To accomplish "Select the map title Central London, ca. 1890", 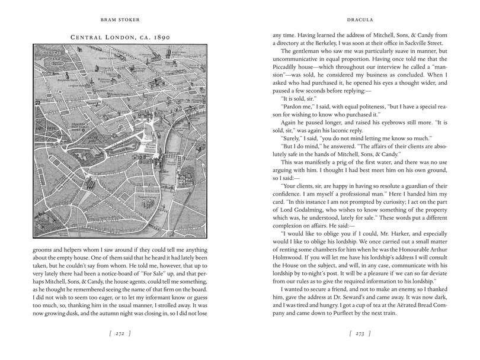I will click(120, 37).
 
